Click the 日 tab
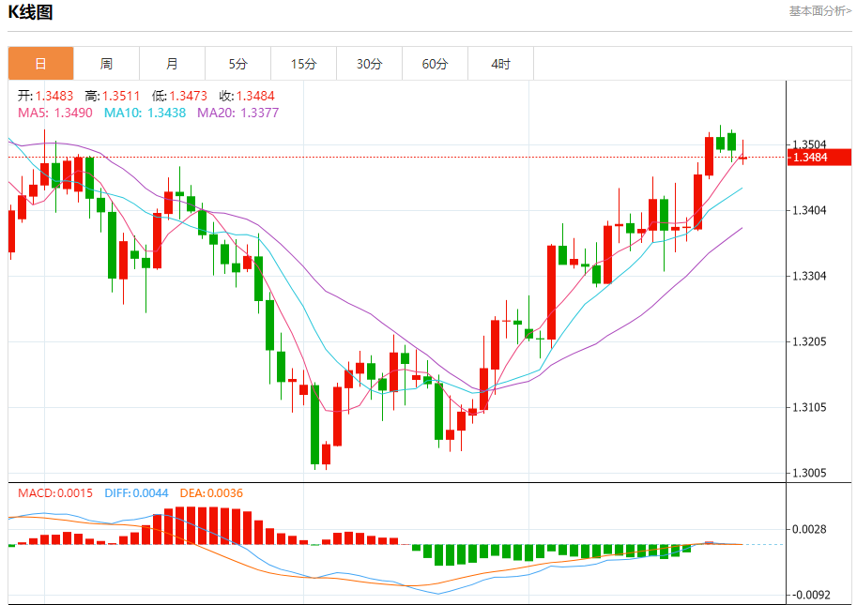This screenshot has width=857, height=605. [40, 64]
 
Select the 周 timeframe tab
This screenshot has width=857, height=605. [106, 64]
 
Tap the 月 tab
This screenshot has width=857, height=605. [172, 64]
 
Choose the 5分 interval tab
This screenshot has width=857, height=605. [237, 64]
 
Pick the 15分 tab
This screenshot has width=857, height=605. [303, 64]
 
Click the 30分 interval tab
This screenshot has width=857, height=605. [369, 64]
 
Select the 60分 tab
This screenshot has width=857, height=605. [435, 64]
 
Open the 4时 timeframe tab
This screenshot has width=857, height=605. [500, 64]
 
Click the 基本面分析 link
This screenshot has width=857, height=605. [819, 11]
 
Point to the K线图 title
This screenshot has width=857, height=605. [31, 12]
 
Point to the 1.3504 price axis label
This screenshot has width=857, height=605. [809, 144]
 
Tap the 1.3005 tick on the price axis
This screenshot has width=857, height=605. [809, 473]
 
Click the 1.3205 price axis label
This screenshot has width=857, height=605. [809, 341]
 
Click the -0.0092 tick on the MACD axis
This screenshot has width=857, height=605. [810, 595]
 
